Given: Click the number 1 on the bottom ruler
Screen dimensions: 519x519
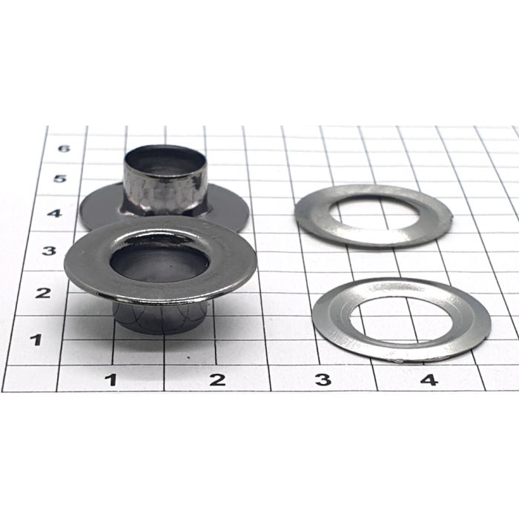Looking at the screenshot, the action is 113,380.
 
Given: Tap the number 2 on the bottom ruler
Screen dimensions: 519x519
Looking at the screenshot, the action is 217,380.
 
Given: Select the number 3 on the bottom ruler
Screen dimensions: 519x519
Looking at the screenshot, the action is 323,380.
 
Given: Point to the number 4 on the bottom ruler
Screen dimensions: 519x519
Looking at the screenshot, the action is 429,380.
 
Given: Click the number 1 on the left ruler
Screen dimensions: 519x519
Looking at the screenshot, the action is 36,340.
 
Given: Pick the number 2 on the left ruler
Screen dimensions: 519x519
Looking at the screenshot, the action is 43,293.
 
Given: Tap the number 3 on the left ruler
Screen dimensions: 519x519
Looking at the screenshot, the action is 49,251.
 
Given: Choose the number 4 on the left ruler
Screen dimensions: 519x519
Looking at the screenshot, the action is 54,214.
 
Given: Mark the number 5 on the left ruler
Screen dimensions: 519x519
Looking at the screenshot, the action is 60,179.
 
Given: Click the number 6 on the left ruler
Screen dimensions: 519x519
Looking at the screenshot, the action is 64,148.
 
